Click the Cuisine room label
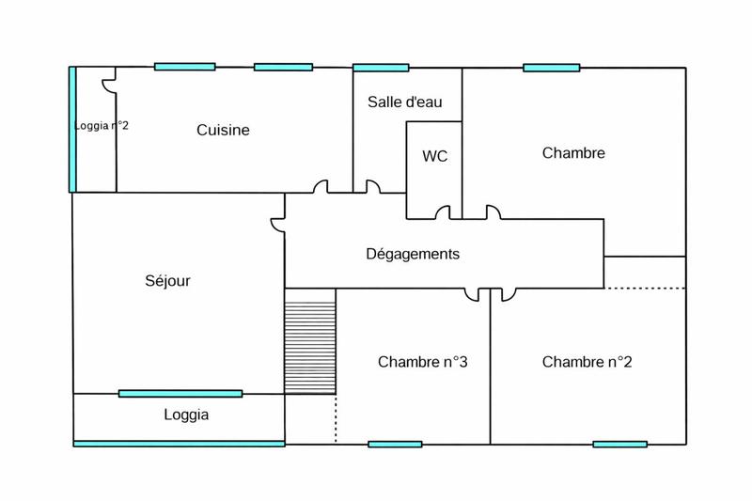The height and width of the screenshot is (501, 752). (x=223, y=131)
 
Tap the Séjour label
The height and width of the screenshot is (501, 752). (x=168, y=280)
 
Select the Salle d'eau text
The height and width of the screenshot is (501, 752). (x=405, y=102)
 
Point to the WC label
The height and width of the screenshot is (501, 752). (x=434, y=156)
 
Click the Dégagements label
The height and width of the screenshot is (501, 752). (x=413, y=254)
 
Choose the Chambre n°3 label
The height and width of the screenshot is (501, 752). (x=423, y=362)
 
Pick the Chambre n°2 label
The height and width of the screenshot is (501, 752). (x=586, y=362)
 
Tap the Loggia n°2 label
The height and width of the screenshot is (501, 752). (x=102, y=125)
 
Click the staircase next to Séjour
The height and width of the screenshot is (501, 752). (x=310, y=340)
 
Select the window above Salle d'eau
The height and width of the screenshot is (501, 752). (x=381, y=68)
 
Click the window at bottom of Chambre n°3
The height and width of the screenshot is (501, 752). (x=395, y=444)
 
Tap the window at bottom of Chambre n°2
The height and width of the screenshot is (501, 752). (x=619, y=444)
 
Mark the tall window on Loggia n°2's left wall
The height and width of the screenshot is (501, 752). (x=72, y=129)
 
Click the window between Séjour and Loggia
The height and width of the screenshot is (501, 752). (x=180, y=393)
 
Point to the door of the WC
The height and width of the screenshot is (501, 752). (x=442, y=213)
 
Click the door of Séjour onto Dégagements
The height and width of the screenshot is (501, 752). (x=278, y=224)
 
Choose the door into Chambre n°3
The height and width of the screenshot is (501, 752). (x=472, y=295)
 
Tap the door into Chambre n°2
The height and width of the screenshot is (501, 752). (x=508, y=295)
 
